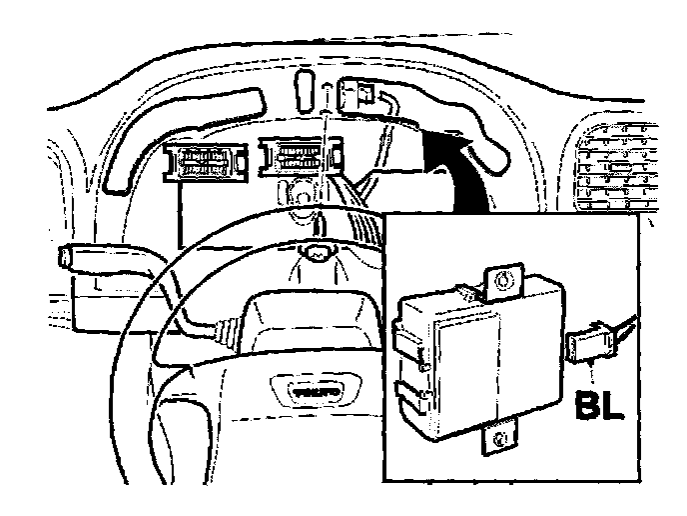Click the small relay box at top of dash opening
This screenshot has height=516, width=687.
(x=357, y=94)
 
